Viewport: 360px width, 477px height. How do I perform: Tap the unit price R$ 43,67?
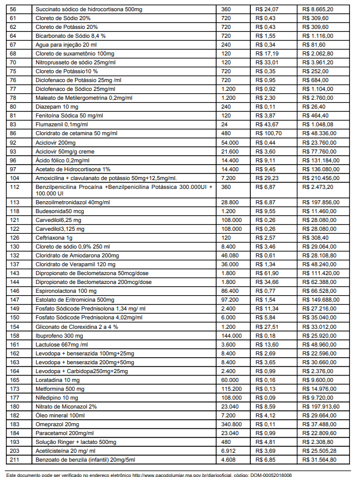click(x=266, y=125)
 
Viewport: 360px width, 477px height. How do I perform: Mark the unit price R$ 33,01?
click(x=266, y=63)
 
